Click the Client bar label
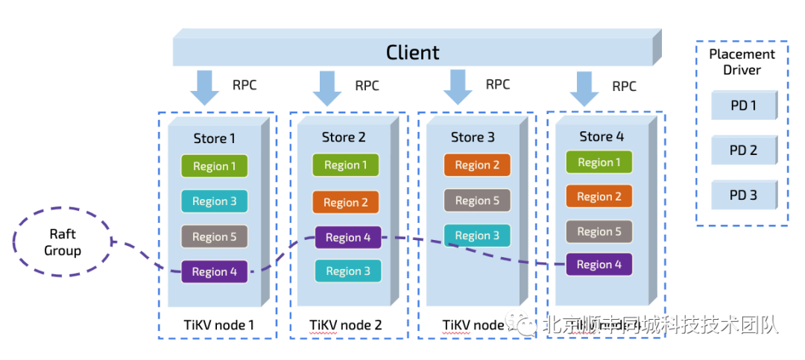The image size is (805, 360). click(x=412, y=53)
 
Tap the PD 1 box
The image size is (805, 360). click(x=743, y=106)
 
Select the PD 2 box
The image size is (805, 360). click(x=743, y=151)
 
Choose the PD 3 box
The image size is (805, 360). click(x=743, y=195)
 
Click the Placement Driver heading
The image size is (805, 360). click(x=742, y=62)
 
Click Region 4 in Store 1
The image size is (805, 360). click(x=215, y=272)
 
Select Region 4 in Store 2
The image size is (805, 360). click(x=348, y=238)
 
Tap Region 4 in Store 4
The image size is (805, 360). click(x=599, y=265)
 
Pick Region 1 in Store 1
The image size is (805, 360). click(x=215, y=166)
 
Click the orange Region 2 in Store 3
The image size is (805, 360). click(x=477, y=165)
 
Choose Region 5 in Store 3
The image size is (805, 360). click(x=477, y=200)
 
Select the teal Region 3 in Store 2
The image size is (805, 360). click(x=348, y=271)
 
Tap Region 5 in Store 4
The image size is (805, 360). click(x=599, y=232)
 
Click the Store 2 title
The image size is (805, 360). click(x=344, y=137)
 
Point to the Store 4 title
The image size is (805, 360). click(x=602, y=136)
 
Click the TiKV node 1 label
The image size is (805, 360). click(x=218, y=325)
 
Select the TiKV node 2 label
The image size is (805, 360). click(x=346, y=326)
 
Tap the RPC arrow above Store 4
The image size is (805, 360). click(x=584, y=88)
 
